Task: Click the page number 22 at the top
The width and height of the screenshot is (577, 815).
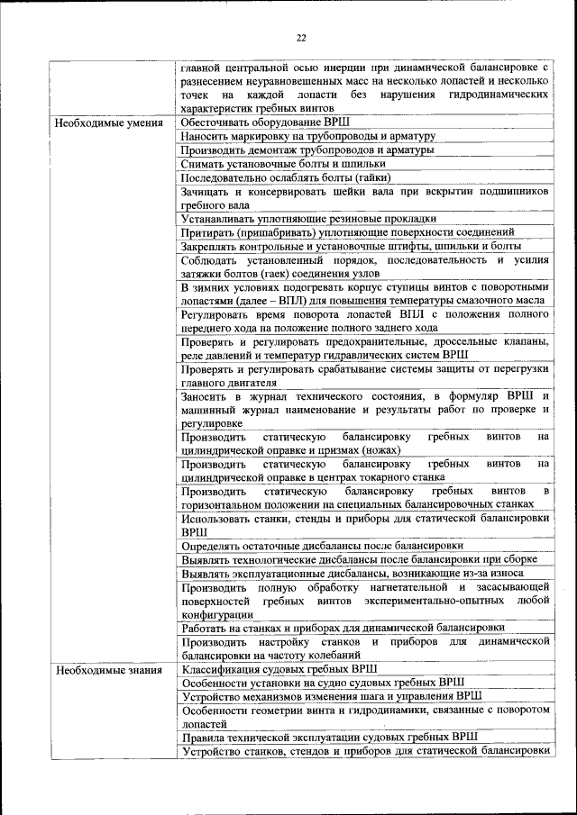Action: coord(301,37)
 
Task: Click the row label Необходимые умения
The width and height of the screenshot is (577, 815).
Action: coord(108,122)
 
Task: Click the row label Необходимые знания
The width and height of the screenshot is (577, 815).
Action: coord(108,669)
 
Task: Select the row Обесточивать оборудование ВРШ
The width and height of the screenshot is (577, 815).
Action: coord(265,122)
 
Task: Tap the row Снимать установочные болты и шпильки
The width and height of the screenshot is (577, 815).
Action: coord(283,164)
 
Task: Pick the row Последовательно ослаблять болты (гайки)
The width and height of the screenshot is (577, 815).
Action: coord(292,177)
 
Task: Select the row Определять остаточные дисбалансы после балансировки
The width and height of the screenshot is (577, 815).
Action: coord(322,545)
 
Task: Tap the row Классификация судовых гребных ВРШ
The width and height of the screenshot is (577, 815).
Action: coord(279,669)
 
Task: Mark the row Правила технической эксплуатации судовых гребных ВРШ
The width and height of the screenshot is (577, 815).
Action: coord(329,736)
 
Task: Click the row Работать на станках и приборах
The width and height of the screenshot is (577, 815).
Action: coord(343,627)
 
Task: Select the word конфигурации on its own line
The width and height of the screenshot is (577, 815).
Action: coord(215,613)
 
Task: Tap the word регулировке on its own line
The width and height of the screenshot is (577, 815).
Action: coord(211,422)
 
